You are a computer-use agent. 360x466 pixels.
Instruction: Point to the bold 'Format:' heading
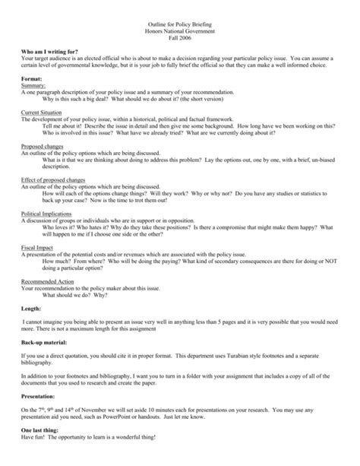click(33, 82)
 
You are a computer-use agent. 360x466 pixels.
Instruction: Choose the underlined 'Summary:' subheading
click(34, 89)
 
